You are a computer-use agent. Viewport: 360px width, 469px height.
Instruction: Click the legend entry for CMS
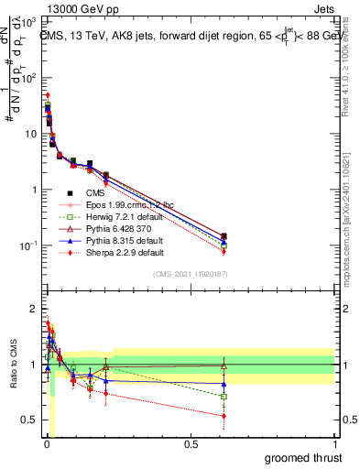pyautogui.click(x=94, y=192)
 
